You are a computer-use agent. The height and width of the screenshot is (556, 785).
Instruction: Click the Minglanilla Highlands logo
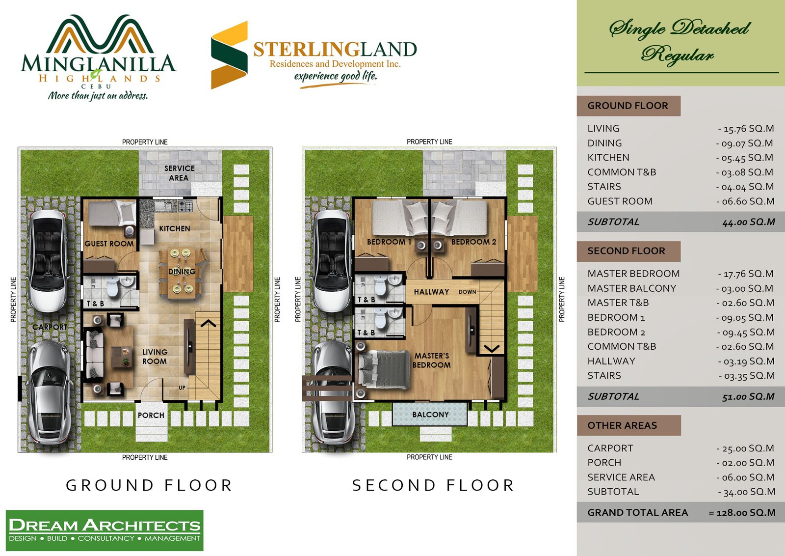pyautogui.click(x=98, y=57)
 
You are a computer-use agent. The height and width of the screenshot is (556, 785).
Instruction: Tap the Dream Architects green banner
pyautogui.click(x=105, y=530)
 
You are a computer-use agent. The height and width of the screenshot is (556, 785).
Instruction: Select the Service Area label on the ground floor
pyautogui.click(x=179, y=173)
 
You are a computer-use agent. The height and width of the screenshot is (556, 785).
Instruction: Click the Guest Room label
pyautogui.click(x=109, y=244)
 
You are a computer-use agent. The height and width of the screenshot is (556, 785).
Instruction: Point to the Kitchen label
pyautogui.click(x=175, y=228)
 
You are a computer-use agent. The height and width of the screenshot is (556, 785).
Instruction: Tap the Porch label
pyautogui.click(x=151, y=416)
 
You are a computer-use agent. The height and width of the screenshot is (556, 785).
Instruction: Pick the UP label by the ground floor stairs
pyautogui.click(x=182, y=388)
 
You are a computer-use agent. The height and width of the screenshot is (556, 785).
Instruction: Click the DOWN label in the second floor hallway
pyautogui.click(x=467, y=292)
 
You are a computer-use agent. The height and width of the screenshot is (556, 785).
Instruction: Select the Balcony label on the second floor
pyautogui.click(x=430, y=415)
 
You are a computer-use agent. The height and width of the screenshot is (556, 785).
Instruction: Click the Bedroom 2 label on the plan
pyautogui.click(x=473, y=242)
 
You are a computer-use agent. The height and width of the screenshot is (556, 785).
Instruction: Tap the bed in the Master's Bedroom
pyautogui.click(x=383, y=370)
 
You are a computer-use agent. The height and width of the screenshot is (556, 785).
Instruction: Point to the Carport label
pyautogui.click(x=50, y=327)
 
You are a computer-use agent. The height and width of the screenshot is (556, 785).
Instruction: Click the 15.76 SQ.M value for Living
pyautogui.click(x=746, y=129)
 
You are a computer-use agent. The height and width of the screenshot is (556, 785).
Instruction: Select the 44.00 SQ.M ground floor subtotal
pyautogui.click(x=749, y=222)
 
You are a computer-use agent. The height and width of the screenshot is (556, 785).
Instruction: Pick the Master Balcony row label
pyautogui.click(x=632, y=288)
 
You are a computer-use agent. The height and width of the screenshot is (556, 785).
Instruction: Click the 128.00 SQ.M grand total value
pyautogui.click(x=742, y=512)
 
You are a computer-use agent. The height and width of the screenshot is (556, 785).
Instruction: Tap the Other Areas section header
pyautogui.click(x=622, y=425)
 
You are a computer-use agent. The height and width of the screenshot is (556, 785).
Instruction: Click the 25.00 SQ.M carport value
pyautogui.click(x=745, y=448)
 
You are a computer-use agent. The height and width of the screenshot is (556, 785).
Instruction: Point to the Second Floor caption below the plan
pyautogui.click(x=433, y=485)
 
